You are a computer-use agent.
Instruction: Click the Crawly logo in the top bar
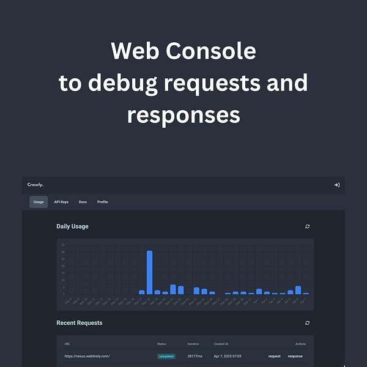35,185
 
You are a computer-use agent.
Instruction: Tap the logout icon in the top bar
336,185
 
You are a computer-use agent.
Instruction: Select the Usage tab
39,202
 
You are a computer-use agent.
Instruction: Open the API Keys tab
61,202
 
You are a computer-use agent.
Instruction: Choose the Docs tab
83,202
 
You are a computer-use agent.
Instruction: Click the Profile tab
102,202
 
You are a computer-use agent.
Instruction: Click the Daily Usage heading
72,226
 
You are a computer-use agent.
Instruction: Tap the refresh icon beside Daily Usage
308,226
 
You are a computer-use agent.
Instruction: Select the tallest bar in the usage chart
149,272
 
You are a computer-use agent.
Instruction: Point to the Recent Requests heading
80,323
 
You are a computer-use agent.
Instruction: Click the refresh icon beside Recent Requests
308,323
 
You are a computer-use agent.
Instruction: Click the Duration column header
193,344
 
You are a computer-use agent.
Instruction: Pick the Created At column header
221,344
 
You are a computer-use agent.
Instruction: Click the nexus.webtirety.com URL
87,356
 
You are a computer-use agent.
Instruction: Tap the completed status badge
166,356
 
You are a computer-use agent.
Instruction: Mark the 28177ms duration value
195,356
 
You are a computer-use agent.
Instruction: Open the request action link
275,356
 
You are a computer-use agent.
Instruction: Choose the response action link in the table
295,356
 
